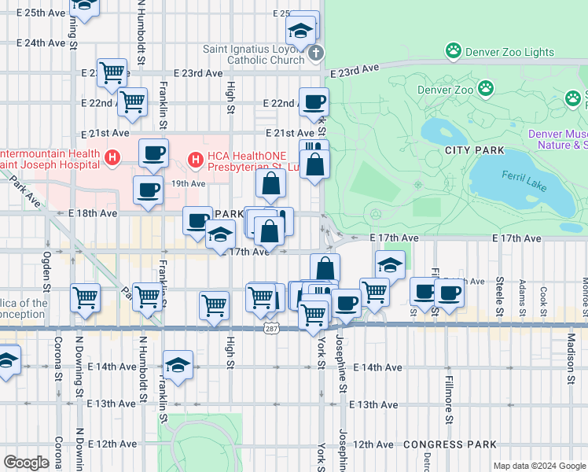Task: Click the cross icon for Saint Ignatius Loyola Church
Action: tap(315, 53)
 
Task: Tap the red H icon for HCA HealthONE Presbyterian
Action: tap(195, 163)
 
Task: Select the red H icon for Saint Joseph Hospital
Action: tap(113, 158)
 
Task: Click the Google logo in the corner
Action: tap(26, 462)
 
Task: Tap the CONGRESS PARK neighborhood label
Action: tap(439, 444)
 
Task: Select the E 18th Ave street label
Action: tap(93, 213)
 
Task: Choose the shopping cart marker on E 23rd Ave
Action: tap(112, 72)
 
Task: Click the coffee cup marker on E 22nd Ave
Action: tap(314, 101)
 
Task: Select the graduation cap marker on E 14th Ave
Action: tap(178, 365)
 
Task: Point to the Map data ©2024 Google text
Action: tap(538, 466)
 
